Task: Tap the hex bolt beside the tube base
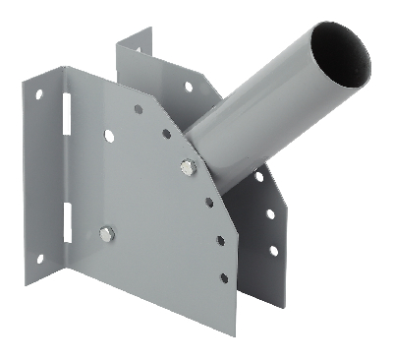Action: click(187, 166)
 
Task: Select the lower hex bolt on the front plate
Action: click(106, 234)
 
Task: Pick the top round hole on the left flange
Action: click(40, 95)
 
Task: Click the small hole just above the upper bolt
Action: click(167, 134)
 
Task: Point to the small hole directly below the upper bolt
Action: click(209, 203)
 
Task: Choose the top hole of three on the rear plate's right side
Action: click(258, 177)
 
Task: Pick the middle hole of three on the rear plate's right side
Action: click(269, 213)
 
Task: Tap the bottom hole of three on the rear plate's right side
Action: click(272, 250)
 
